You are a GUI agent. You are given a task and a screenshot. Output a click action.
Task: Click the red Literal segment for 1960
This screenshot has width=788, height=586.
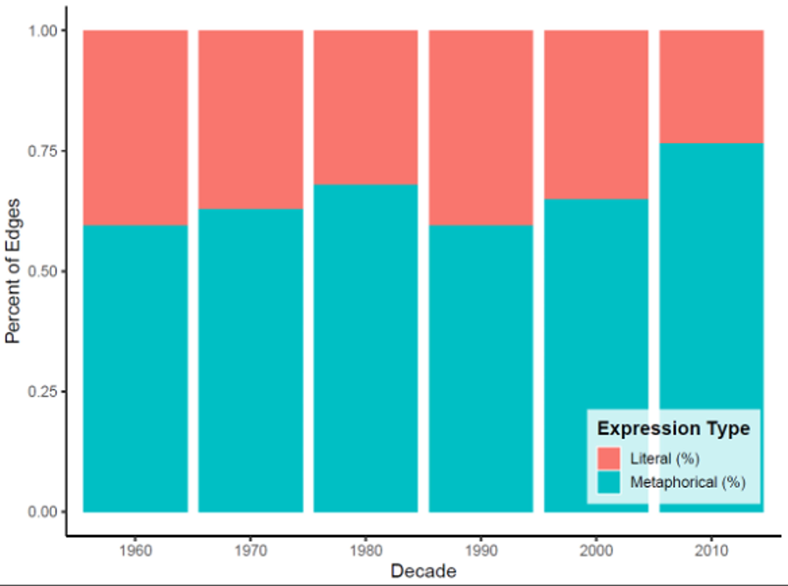coord(135,128)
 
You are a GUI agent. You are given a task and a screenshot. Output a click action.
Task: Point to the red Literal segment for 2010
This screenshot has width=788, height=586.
coord(711,87)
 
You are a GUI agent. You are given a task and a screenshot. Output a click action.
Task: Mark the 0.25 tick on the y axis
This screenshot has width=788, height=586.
coord(42,392)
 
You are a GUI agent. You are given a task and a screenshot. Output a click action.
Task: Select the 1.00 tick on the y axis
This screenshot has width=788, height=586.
coord(42,31)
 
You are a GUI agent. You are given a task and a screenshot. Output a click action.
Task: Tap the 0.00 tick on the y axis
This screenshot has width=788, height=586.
coord(42,512)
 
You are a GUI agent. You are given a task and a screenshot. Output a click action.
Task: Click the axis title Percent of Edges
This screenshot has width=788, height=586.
coord(13,271)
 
